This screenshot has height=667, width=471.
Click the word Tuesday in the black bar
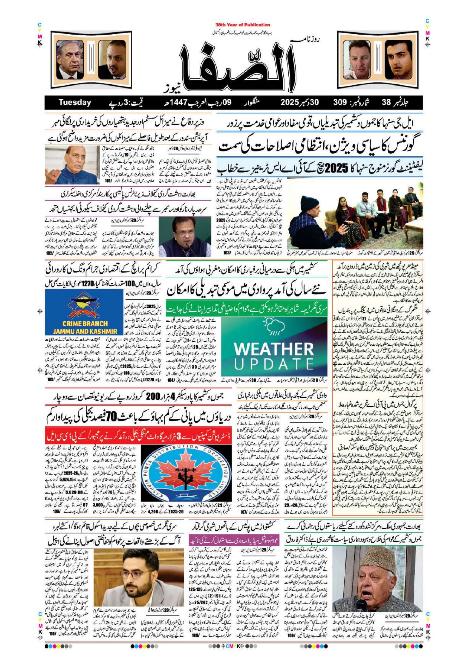tap(75, 102)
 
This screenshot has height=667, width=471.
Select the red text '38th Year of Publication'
tap(243, 25)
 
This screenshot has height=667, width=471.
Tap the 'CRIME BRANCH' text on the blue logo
tap(81, 324)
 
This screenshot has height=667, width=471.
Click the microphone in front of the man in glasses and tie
tap(186, 247)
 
